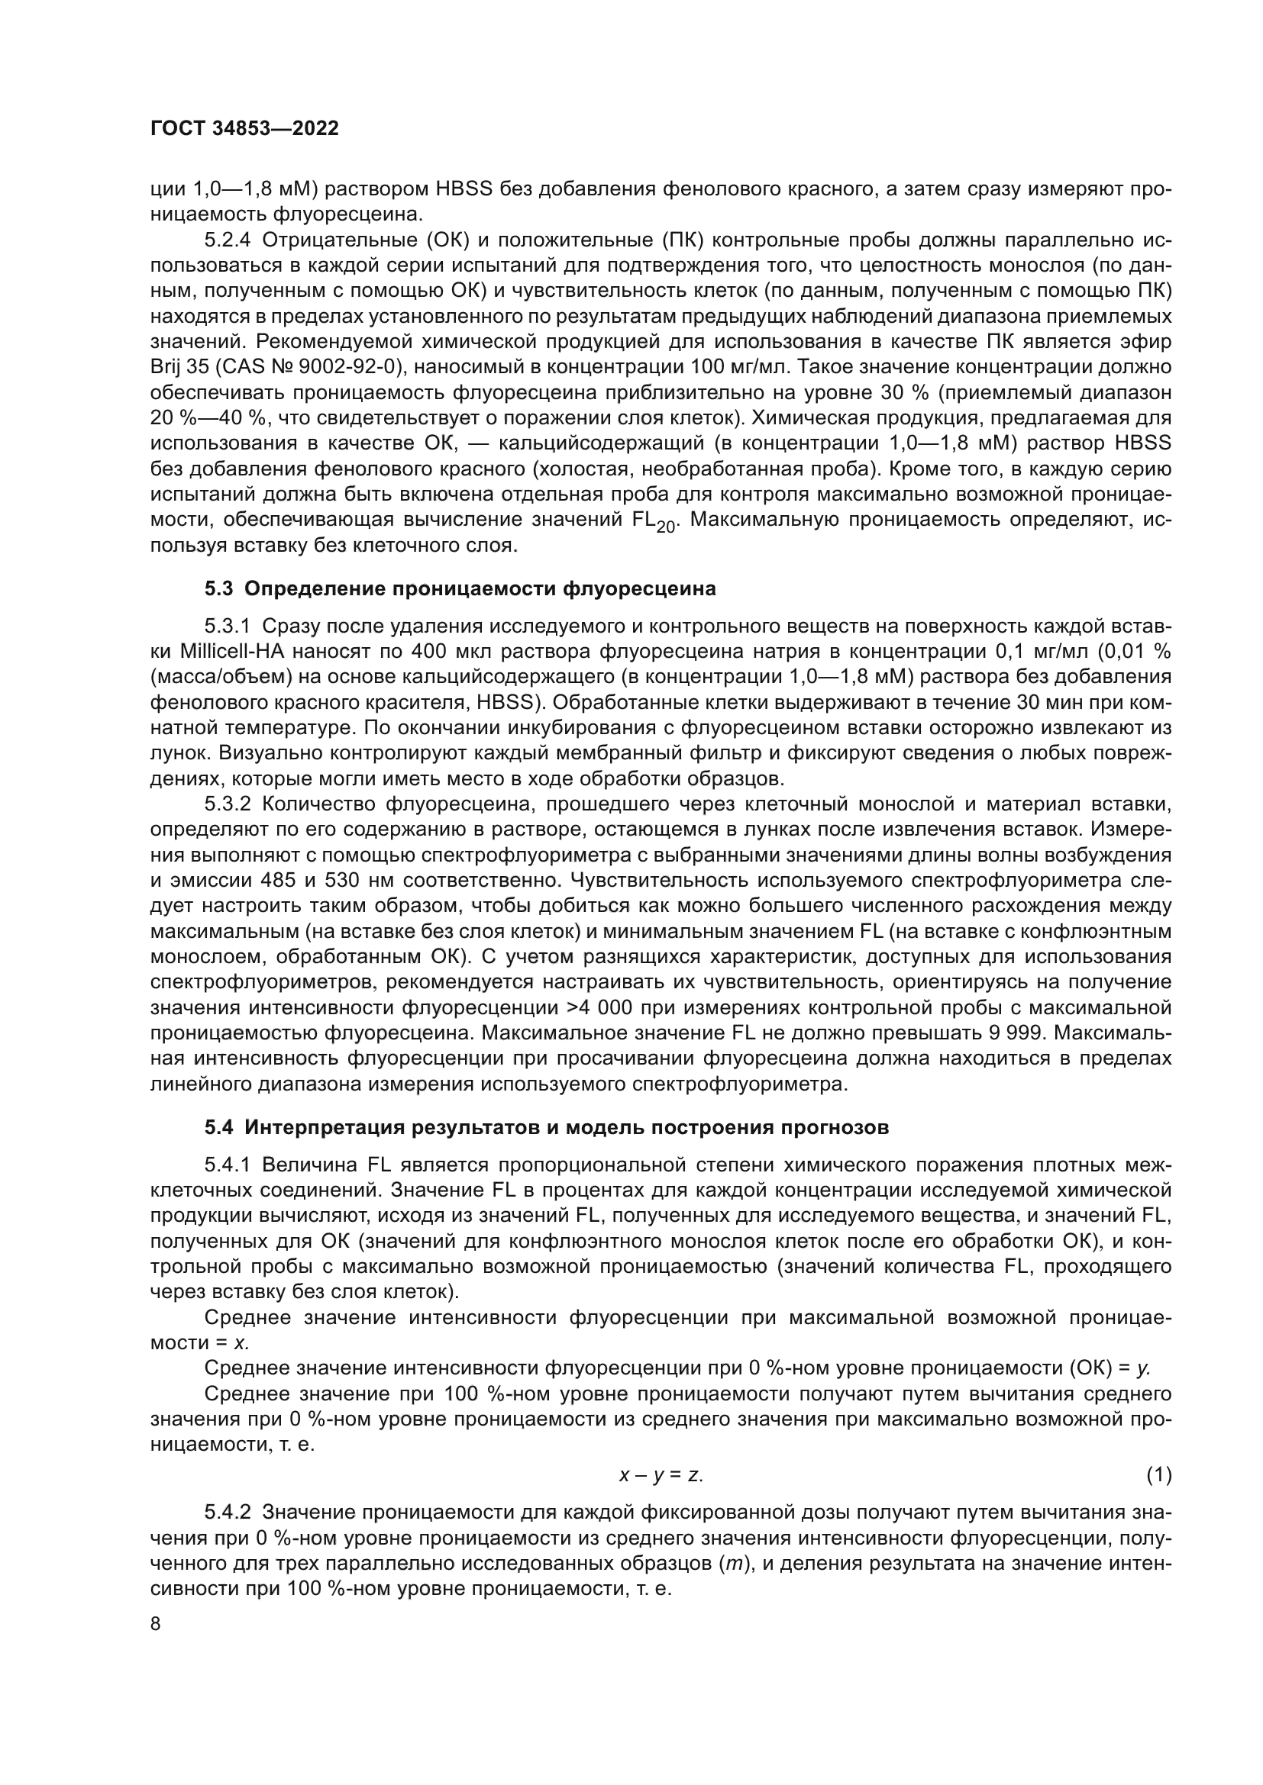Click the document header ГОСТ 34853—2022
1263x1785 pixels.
pos(244,129)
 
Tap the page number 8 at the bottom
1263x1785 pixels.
pos(156,1624)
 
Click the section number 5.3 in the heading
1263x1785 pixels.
pos(218,589)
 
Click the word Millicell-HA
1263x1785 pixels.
pos(229,652)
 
